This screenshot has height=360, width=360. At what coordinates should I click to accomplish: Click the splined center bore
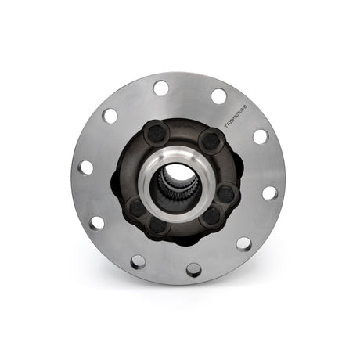point(178,185)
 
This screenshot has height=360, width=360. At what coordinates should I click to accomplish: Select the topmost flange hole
point(161,88)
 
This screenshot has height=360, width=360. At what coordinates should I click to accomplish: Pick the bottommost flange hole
point(193,270)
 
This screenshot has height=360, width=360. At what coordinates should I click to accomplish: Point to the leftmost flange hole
point(85,167)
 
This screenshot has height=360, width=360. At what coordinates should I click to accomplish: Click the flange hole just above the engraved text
point(219,96)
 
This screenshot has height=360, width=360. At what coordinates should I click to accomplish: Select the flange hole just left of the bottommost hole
point(138,261)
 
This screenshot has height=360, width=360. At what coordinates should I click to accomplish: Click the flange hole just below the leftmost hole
point(96,222)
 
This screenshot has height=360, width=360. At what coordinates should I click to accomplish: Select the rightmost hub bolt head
point(225,192)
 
